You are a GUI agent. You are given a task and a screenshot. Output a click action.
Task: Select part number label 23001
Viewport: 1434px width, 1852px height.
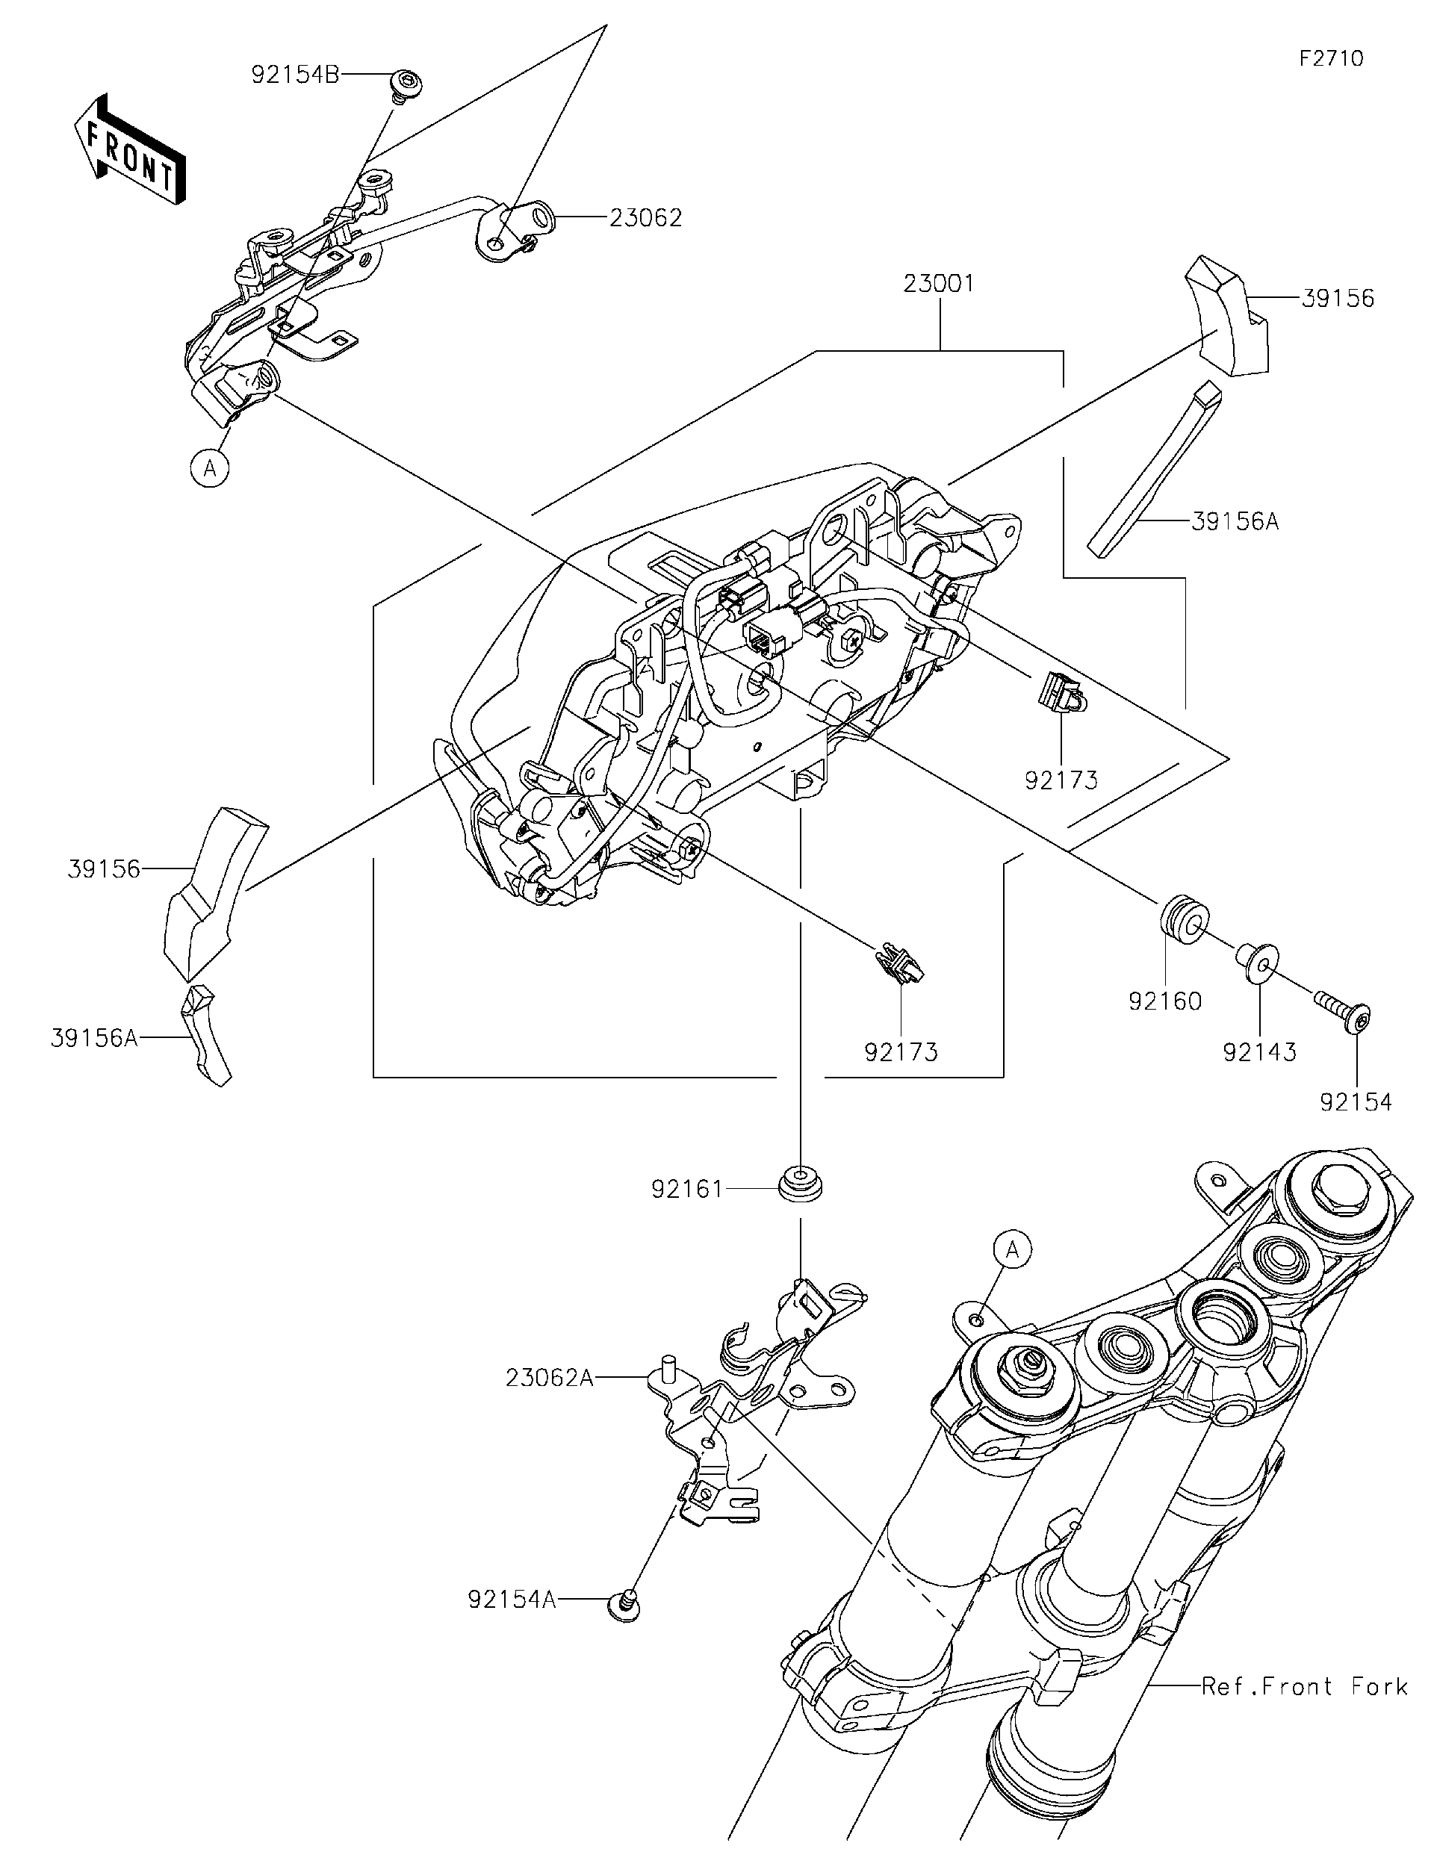(939, 283)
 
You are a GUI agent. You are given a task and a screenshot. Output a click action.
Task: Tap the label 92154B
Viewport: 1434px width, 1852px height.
(295, 75)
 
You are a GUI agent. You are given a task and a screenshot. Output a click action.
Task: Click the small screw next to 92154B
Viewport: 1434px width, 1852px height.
(406, 86)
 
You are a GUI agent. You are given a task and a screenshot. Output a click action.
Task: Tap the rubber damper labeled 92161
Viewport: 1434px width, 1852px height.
(800, 1184)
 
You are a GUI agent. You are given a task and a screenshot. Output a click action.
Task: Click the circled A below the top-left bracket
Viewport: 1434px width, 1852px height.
(211, 467)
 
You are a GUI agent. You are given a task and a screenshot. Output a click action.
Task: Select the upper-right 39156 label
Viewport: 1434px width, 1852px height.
(1338, 299)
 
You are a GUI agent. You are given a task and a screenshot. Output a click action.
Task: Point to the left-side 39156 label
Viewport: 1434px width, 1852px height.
(104, 868)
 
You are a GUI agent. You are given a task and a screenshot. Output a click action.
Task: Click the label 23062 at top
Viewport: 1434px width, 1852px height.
(645, 218)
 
